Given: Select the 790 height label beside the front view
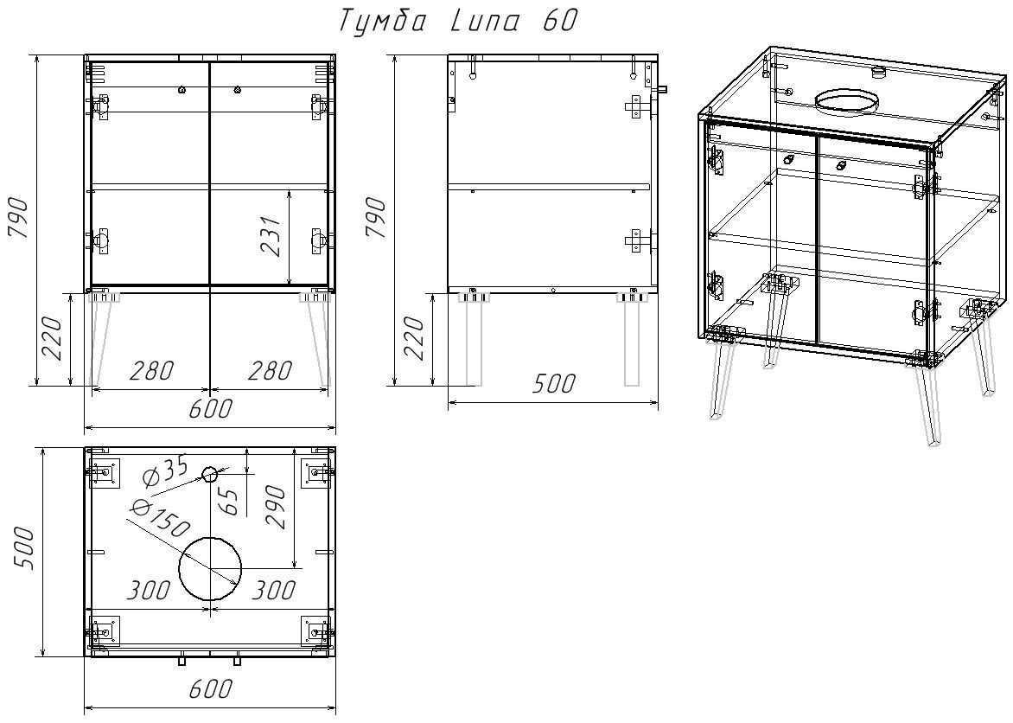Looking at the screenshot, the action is click(19, 218).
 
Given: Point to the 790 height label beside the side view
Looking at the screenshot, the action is click(377, 218).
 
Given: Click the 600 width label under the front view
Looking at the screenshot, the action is click(210, 409).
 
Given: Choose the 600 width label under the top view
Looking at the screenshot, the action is click(210, 689).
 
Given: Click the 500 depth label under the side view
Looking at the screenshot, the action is click(554, 383).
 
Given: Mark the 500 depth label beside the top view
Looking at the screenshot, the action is click(22, 547).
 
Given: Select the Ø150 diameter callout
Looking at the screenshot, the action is click(159, 518).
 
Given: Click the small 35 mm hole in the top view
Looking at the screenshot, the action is click(208, 475).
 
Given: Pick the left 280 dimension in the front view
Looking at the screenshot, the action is click(152, 370).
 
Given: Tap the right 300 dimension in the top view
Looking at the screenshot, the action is click(272, 590).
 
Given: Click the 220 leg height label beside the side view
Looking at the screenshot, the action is click(414, 339).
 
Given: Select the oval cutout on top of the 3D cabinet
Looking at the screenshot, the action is click(848, 101).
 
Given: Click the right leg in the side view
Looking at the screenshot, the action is click(631, 342).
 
